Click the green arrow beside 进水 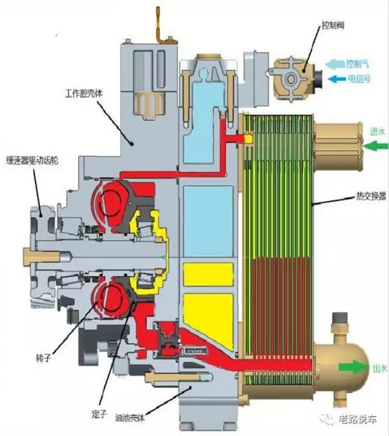[x=375, y=145]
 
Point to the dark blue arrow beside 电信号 [x=336, y=78]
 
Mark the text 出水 [x=377, y=367]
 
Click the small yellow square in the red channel [x=247, y=138]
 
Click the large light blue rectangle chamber [x=208, y=212]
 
